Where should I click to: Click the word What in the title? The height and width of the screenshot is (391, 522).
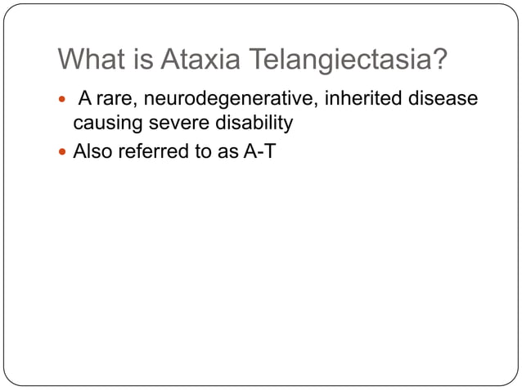click(x=88, y=60)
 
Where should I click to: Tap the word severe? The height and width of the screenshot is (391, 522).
click(x=173, y=124)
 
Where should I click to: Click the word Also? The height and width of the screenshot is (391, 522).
click(x=92, y=151)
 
